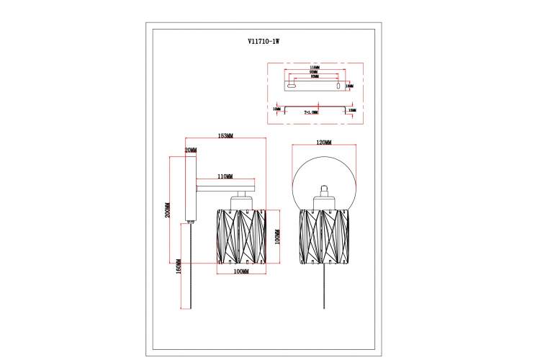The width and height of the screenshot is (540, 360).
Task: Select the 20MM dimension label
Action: click(190, 150)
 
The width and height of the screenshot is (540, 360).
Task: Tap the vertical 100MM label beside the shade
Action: click(276, 237)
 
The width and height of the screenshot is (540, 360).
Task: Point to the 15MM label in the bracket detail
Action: click(352, 109)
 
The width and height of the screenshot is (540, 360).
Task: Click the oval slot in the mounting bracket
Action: click(291, 86)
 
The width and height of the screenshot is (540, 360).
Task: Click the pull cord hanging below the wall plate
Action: click(191, 266)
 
